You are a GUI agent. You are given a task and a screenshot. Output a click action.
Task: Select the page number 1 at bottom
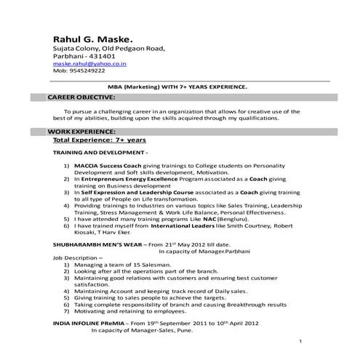click(301, 342)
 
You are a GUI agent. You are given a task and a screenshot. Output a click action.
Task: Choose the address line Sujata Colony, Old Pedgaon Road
click(109, 48)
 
